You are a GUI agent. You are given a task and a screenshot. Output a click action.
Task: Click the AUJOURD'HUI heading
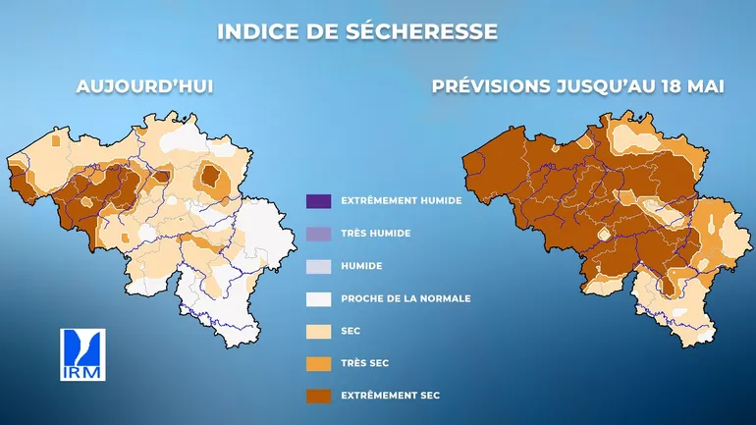click(x=145, y=86)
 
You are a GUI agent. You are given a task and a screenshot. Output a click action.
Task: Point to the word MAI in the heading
click(x=705, y=86)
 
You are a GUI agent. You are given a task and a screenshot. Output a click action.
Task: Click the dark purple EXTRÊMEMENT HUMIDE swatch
click(x=319, y=200)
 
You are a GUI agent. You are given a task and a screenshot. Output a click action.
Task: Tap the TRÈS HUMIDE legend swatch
click(x=319, y=233)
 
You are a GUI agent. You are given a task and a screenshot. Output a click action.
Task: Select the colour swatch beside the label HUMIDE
click(x=319, y=265)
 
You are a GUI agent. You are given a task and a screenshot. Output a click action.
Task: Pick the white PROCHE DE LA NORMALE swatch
click(x=319, y=297)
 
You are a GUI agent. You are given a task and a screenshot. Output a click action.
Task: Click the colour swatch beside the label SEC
click(x=319, y=330)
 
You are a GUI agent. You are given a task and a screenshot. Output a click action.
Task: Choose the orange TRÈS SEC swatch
click(x=319, y=362)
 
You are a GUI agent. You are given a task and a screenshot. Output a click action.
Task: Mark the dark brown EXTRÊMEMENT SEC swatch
click(x=319, y=395)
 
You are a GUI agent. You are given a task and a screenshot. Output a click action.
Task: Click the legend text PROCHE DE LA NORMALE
click(x=405, y=298)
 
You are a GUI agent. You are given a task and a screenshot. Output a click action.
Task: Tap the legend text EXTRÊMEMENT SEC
click(x=390, y=395)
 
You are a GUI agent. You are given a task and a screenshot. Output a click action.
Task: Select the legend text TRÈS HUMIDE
click(x=375, y=234)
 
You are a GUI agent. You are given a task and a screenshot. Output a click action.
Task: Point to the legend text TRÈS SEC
click(x=365, y=363)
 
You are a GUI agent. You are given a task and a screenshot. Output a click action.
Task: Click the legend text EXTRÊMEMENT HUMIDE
click(x=401, y=200)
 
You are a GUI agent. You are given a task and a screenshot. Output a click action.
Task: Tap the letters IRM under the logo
click(x=82, y=373)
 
